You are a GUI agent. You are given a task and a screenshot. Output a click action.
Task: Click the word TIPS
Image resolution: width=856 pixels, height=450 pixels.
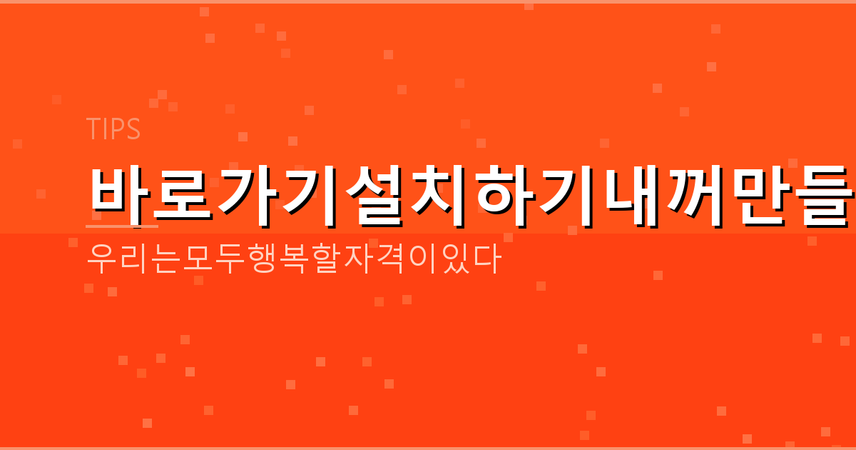coord(113,129)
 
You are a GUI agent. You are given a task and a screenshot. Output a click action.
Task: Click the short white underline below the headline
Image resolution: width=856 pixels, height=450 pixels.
coord(121,226)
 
